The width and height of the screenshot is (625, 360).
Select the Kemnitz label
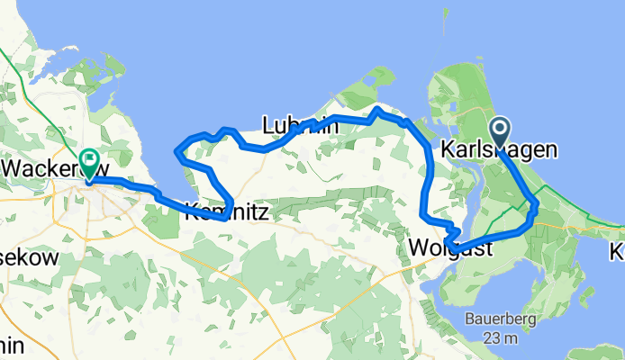pyautogui.click(x=228, y=213)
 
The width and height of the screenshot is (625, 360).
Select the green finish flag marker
pyautogui.click(x=90, y=163)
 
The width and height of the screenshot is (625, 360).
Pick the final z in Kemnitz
pyautogui.click(x=267, y=213)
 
